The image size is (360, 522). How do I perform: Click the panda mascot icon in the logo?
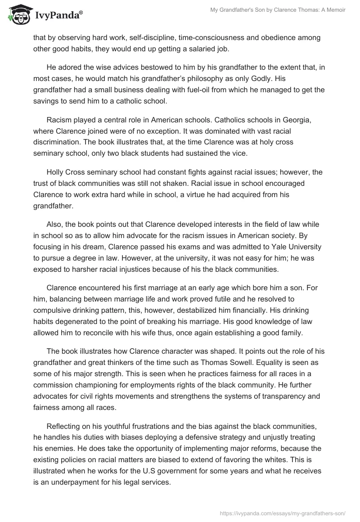click(x=17, y=14)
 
